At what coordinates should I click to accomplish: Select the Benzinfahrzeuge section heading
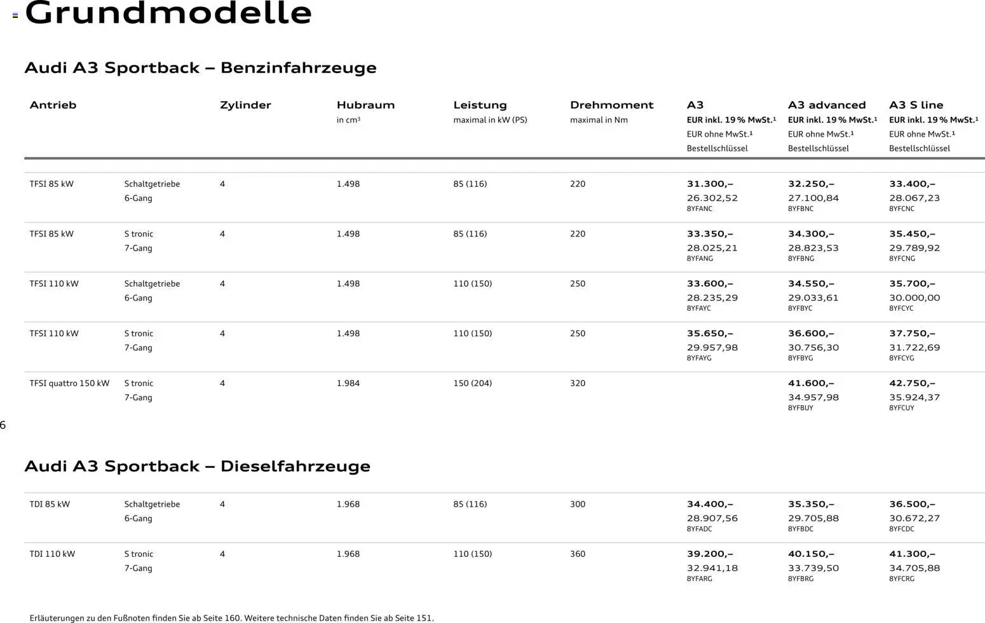point(200,68)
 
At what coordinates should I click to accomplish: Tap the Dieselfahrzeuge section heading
point(197,467)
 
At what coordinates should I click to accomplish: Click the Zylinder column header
point(245,106)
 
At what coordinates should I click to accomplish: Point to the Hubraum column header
point(365,106)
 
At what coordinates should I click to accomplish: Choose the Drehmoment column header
point(611,106)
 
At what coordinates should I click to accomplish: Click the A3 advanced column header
point(827,106)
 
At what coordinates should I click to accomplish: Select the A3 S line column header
point(916,106)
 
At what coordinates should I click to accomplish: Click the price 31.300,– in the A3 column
point(709,184)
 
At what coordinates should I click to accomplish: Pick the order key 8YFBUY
point(800,408)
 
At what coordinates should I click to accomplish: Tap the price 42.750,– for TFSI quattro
point(912,383)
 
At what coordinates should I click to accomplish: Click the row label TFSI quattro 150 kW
point(69,383)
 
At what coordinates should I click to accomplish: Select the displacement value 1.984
point(348,383)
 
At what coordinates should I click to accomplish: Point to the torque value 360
point(577,554)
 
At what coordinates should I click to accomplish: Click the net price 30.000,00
point(914,298)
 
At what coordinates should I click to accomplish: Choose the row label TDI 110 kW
point(52,554)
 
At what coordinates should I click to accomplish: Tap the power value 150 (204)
point(472,383)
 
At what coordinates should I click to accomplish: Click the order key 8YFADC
point(699,529)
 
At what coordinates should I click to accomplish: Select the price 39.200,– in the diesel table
point(709,554)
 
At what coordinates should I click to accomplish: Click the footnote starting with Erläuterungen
point(231,618)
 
